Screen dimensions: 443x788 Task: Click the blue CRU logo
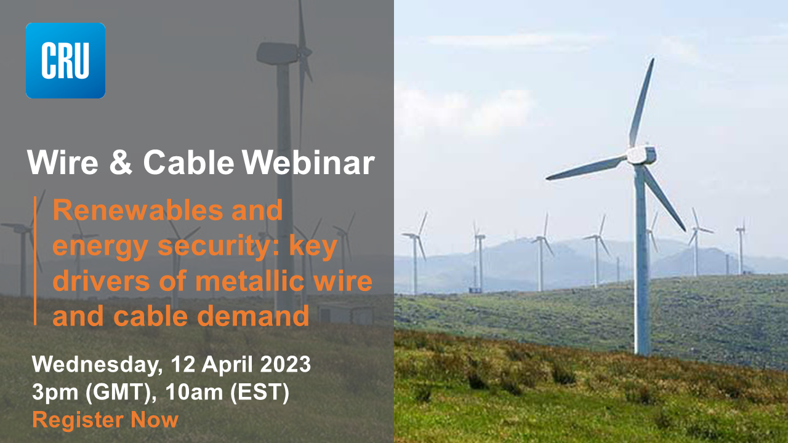pyautogui.click(x=65, y=60)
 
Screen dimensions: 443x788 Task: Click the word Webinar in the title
pyautogui.click(x=308, y=163)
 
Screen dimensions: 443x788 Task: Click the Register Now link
pyautogui.click(x=105, y=420)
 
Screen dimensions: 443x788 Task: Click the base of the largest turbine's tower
pyautogui.click(x=642, y=351)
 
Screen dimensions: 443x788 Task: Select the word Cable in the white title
pyautogui.click(x=188, y=163)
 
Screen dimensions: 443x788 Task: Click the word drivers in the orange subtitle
pyautogui.click(x=93, y=282)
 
